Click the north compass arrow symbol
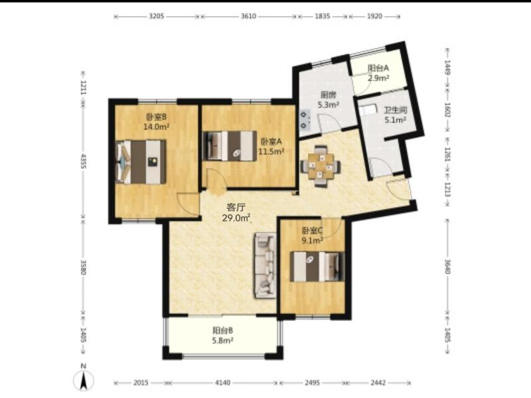tap(84, 379)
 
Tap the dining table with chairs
tap(321, 166)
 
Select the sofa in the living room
tap(265, 266)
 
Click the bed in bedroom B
tap(141, 162)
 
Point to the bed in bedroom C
tap(317, 267)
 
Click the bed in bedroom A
tap(229, 146)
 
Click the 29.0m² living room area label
tap(236, 218)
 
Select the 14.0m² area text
tap(156, 127)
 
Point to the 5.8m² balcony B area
tap(222, 340)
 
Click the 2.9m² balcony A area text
tap(378, 78)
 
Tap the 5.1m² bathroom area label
tap(395, 120)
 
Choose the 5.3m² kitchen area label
tap(328, 105)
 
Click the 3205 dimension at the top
tap(157, 16)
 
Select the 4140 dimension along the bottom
tap(223, 383)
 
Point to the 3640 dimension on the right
tap(447, 267)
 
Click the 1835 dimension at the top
tap(323, 16)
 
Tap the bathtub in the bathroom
tap(368, 109)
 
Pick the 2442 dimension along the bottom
tap(378, 383)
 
